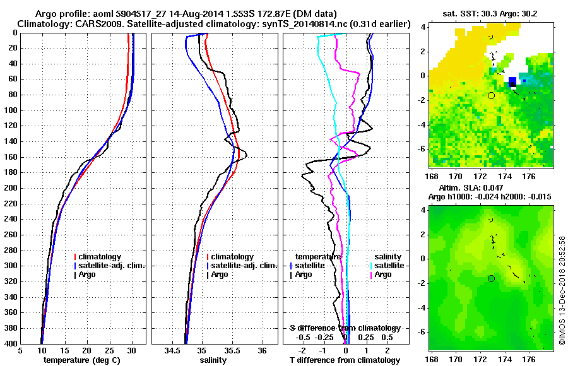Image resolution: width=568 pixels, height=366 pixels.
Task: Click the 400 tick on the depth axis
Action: coord(14,344)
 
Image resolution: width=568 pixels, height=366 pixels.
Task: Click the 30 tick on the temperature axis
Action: coord(132,351)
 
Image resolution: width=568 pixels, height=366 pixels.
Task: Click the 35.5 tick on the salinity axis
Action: coord(232,351)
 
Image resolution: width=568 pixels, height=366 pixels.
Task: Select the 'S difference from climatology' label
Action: coord(345,328)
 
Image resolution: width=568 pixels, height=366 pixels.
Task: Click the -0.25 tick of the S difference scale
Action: coord(324,338)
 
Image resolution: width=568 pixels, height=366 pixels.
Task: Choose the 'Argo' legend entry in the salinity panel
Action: coord(219,274)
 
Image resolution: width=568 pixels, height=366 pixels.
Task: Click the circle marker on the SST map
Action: coord(491,95)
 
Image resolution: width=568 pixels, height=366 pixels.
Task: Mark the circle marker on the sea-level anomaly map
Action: coord(491,278)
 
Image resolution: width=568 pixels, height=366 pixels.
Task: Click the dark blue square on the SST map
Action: coord(512,81)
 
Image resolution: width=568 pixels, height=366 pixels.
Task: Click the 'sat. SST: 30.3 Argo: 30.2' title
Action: coord(491,14)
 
